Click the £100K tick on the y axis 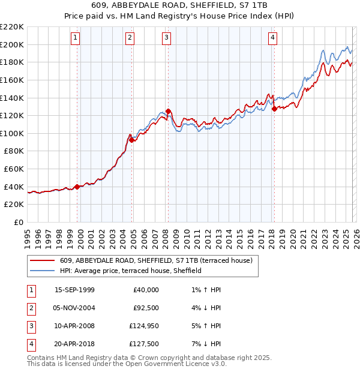point(12,133)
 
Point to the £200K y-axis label point(12,44)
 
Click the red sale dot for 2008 point(168,111)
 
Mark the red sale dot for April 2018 point(274,109)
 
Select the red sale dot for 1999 point(77,187)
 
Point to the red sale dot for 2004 point(131,140)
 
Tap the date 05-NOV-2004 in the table point(74,308)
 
